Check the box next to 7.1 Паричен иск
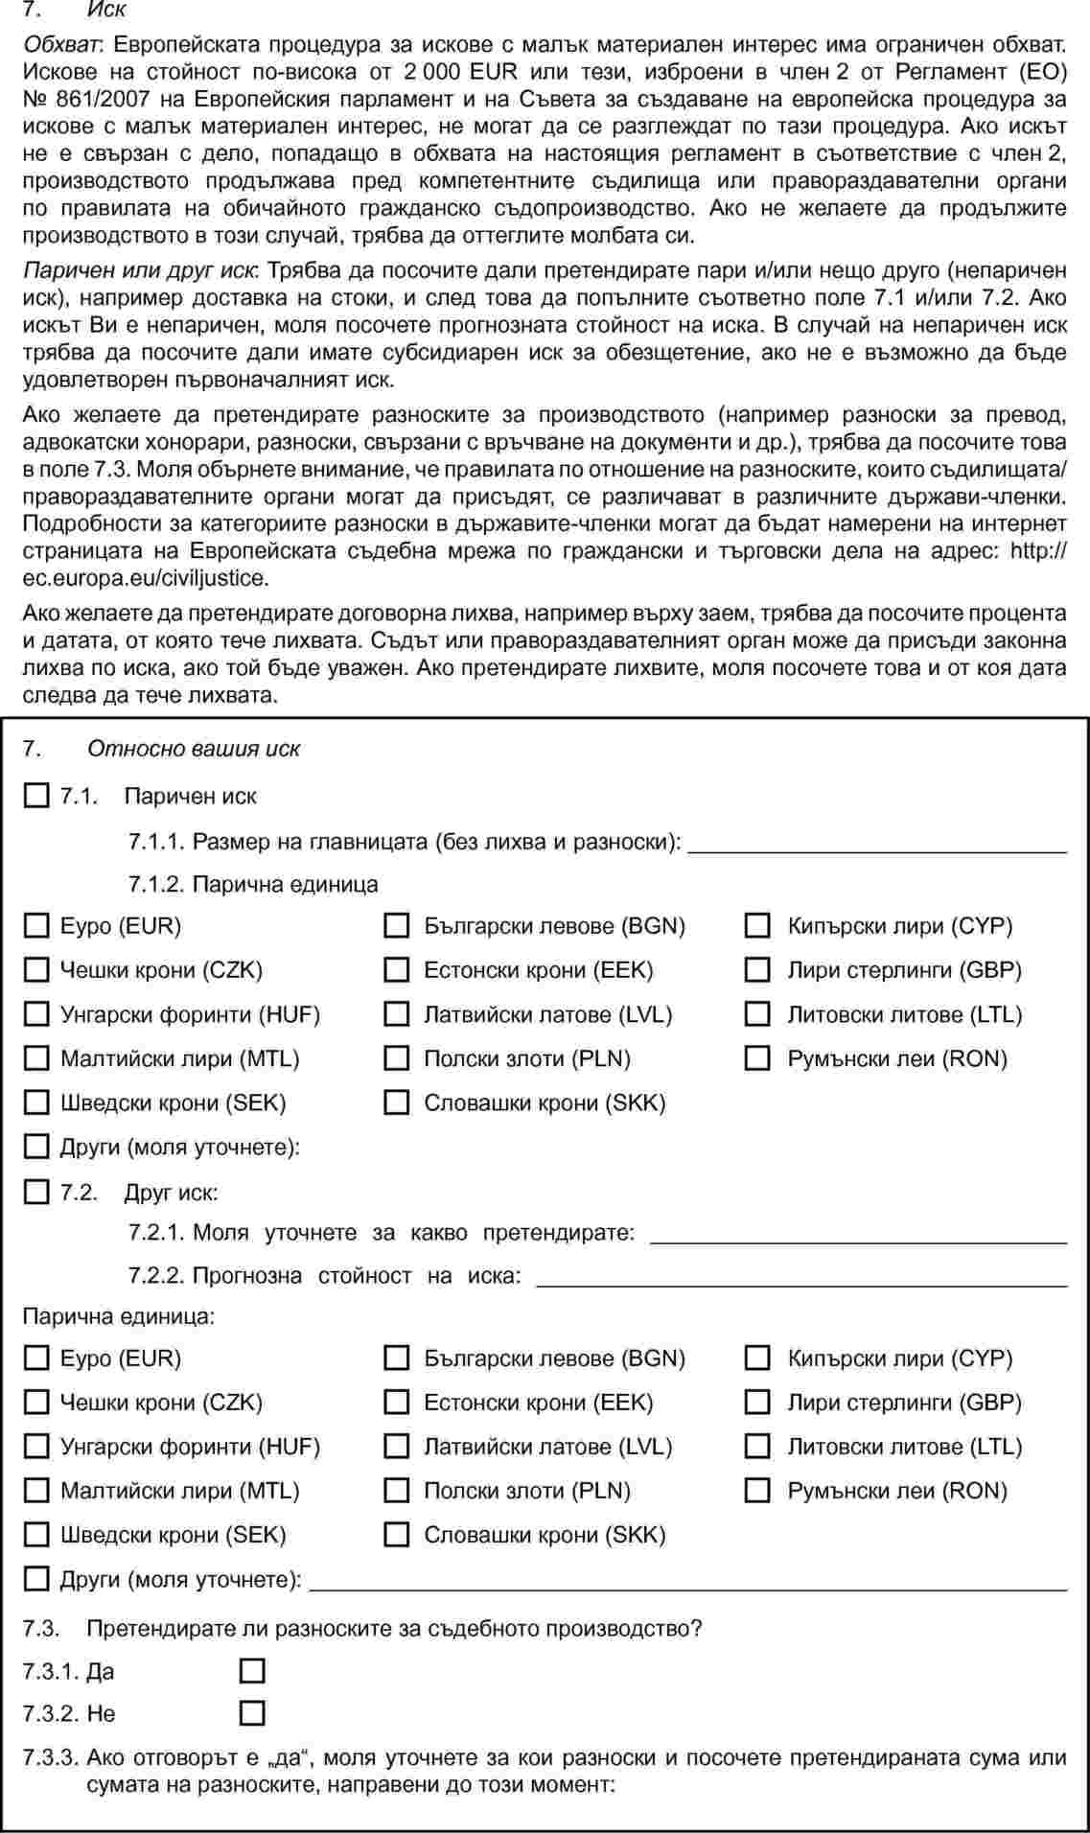(x=35, y=796)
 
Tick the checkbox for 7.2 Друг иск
(x=35, y=1192)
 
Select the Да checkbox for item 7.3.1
(x=252, y=1671)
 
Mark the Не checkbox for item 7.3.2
(x=252, y=1713)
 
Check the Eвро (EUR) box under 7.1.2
(x=35, y=925)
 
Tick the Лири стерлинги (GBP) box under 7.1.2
(x=757, y=969)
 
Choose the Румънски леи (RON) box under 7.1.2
(x=757, y=1058)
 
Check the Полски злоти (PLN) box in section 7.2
(x=396, y=1490)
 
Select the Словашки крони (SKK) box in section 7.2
(x=396, y=1534)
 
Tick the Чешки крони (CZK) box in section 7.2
(x=35, y=1402)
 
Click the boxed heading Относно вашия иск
(x=194, y=749)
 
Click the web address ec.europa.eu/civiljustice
(x=145, y=578)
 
